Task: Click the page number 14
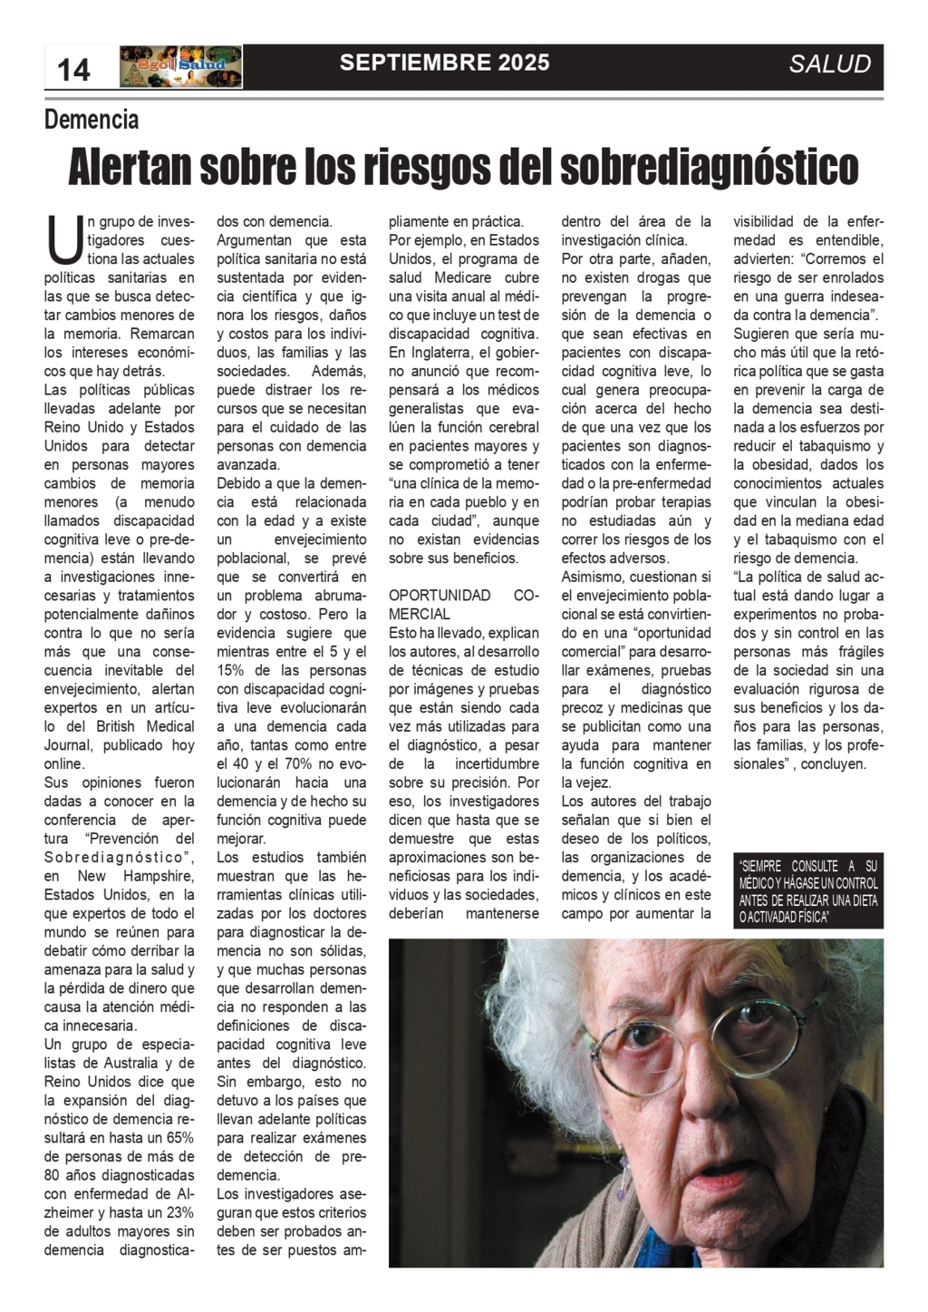74,68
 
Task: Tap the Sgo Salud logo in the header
180,66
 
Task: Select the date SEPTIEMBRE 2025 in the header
444,63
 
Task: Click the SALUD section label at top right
829,64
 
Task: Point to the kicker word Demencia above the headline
92,119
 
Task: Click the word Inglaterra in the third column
446,352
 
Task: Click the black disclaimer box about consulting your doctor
808,890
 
